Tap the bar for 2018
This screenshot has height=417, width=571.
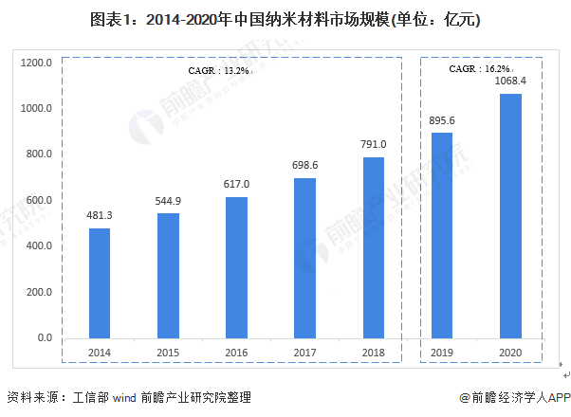pyautogui.click(x=374, y=247)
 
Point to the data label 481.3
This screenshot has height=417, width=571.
pyautogui.click(x=100, y=216)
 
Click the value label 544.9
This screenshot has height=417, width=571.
pyautogui.click(x=168, y=201)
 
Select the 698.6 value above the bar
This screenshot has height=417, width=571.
pyautogui.click(x=305, y=166)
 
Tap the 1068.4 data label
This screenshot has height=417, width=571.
pyautogui.click(x=510, y=82)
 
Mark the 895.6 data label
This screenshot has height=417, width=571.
pyautogui.click(x=442, y=120)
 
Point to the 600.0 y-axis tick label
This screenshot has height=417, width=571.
pyautogui.click(x=39, y=201)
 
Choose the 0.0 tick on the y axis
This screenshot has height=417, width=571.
pyautogui.click(x=44, y=337)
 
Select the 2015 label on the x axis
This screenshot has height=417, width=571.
pyautogui.click(x=168, y=353)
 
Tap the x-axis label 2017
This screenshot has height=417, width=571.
pyautogui.click(x=305, y=353)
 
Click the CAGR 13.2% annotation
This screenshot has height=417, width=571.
pyautogui.click(x=217, y=70)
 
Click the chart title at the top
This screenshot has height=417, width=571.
pyautogui.click(x=285, y=20)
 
